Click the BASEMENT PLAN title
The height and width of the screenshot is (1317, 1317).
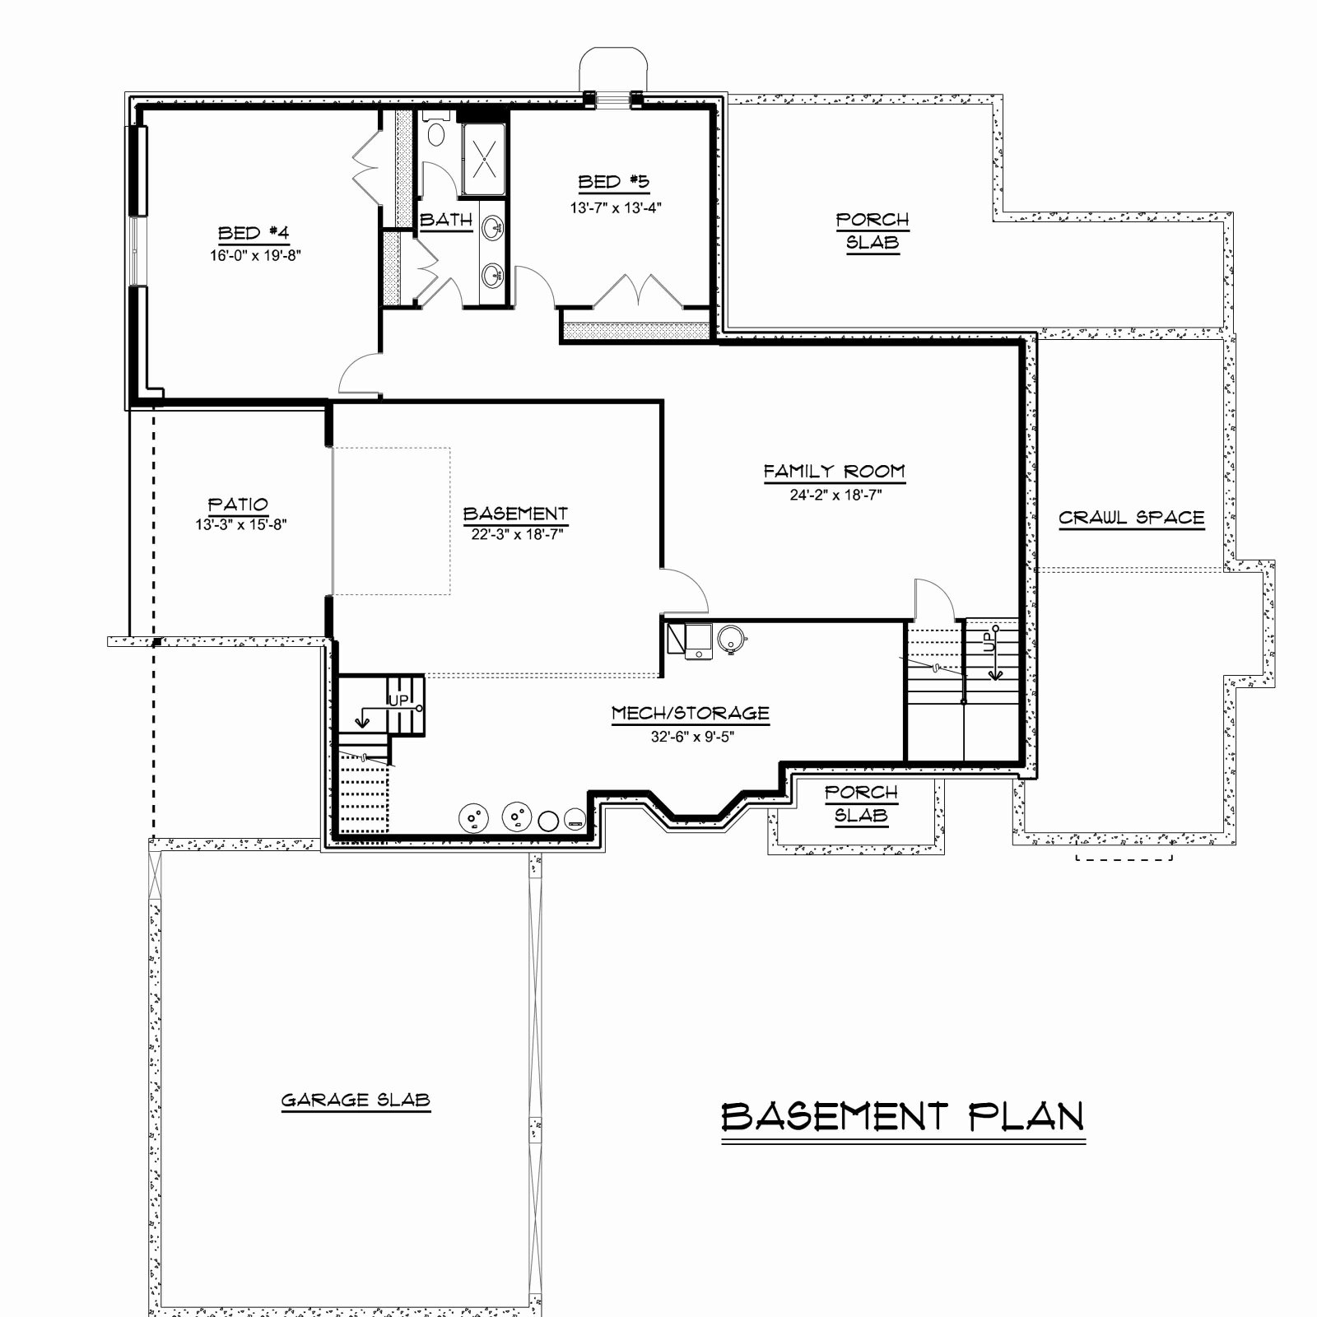tap(903, 1117)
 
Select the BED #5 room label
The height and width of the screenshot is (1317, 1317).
tap(614, 182)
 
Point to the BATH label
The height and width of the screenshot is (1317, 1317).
tap(446, 220)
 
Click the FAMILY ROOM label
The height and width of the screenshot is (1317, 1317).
tap(834, 472)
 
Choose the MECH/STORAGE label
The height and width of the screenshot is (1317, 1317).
tap(691, 713)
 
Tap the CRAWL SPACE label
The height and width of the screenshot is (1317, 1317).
tap(1132, 518)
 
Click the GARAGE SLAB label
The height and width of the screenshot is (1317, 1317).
tap(356, 1100)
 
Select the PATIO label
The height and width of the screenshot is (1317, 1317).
tap(238, 504)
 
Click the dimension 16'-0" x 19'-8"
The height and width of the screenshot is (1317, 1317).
tap(255, 255)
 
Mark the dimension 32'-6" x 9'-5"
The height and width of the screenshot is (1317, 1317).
tap(692, 737)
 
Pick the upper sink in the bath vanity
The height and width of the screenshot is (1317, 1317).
tap(493, 227)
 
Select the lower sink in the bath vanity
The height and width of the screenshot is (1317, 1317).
tap(493, 274)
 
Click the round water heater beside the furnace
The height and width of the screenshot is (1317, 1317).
tap(731, 636)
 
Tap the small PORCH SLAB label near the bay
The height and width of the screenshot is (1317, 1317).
tap(861, 803)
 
